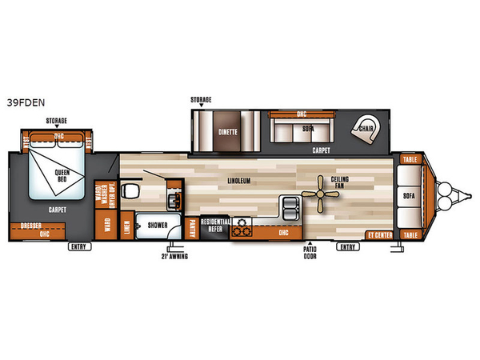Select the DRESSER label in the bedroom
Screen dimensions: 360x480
click(31, 225)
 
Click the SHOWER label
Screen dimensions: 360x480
click(157, 226)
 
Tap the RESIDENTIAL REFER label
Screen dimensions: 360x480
click(215, 224)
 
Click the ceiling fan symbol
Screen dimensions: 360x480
click(323, 194)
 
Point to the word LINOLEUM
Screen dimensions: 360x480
click(238, 181)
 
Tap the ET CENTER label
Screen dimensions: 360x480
click(378, 235)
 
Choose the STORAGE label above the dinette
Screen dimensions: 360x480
click(201, 100)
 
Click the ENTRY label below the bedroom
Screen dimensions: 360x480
click(78, 246)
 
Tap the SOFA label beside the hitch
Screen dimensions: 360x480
click(409, 194)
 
